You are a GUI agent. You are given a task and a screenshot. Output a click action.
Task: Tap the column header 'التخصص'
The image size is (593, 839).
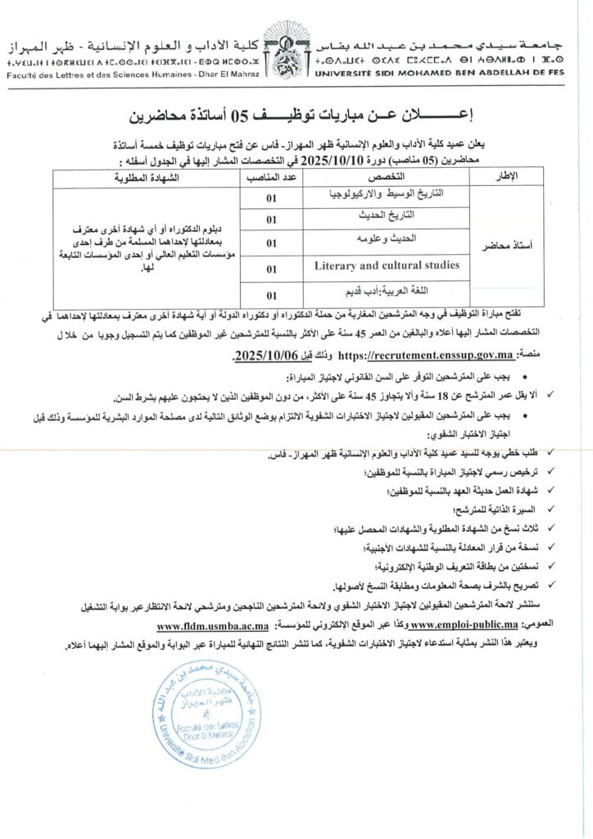[385, 177]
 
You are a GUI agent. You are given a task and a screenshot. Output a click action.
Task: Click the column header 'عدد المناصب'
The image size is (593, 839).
[271, 177]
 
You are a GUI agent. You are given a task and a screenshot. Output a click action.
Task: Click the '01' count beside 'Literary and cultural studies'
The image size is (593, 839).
[271, 267]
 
